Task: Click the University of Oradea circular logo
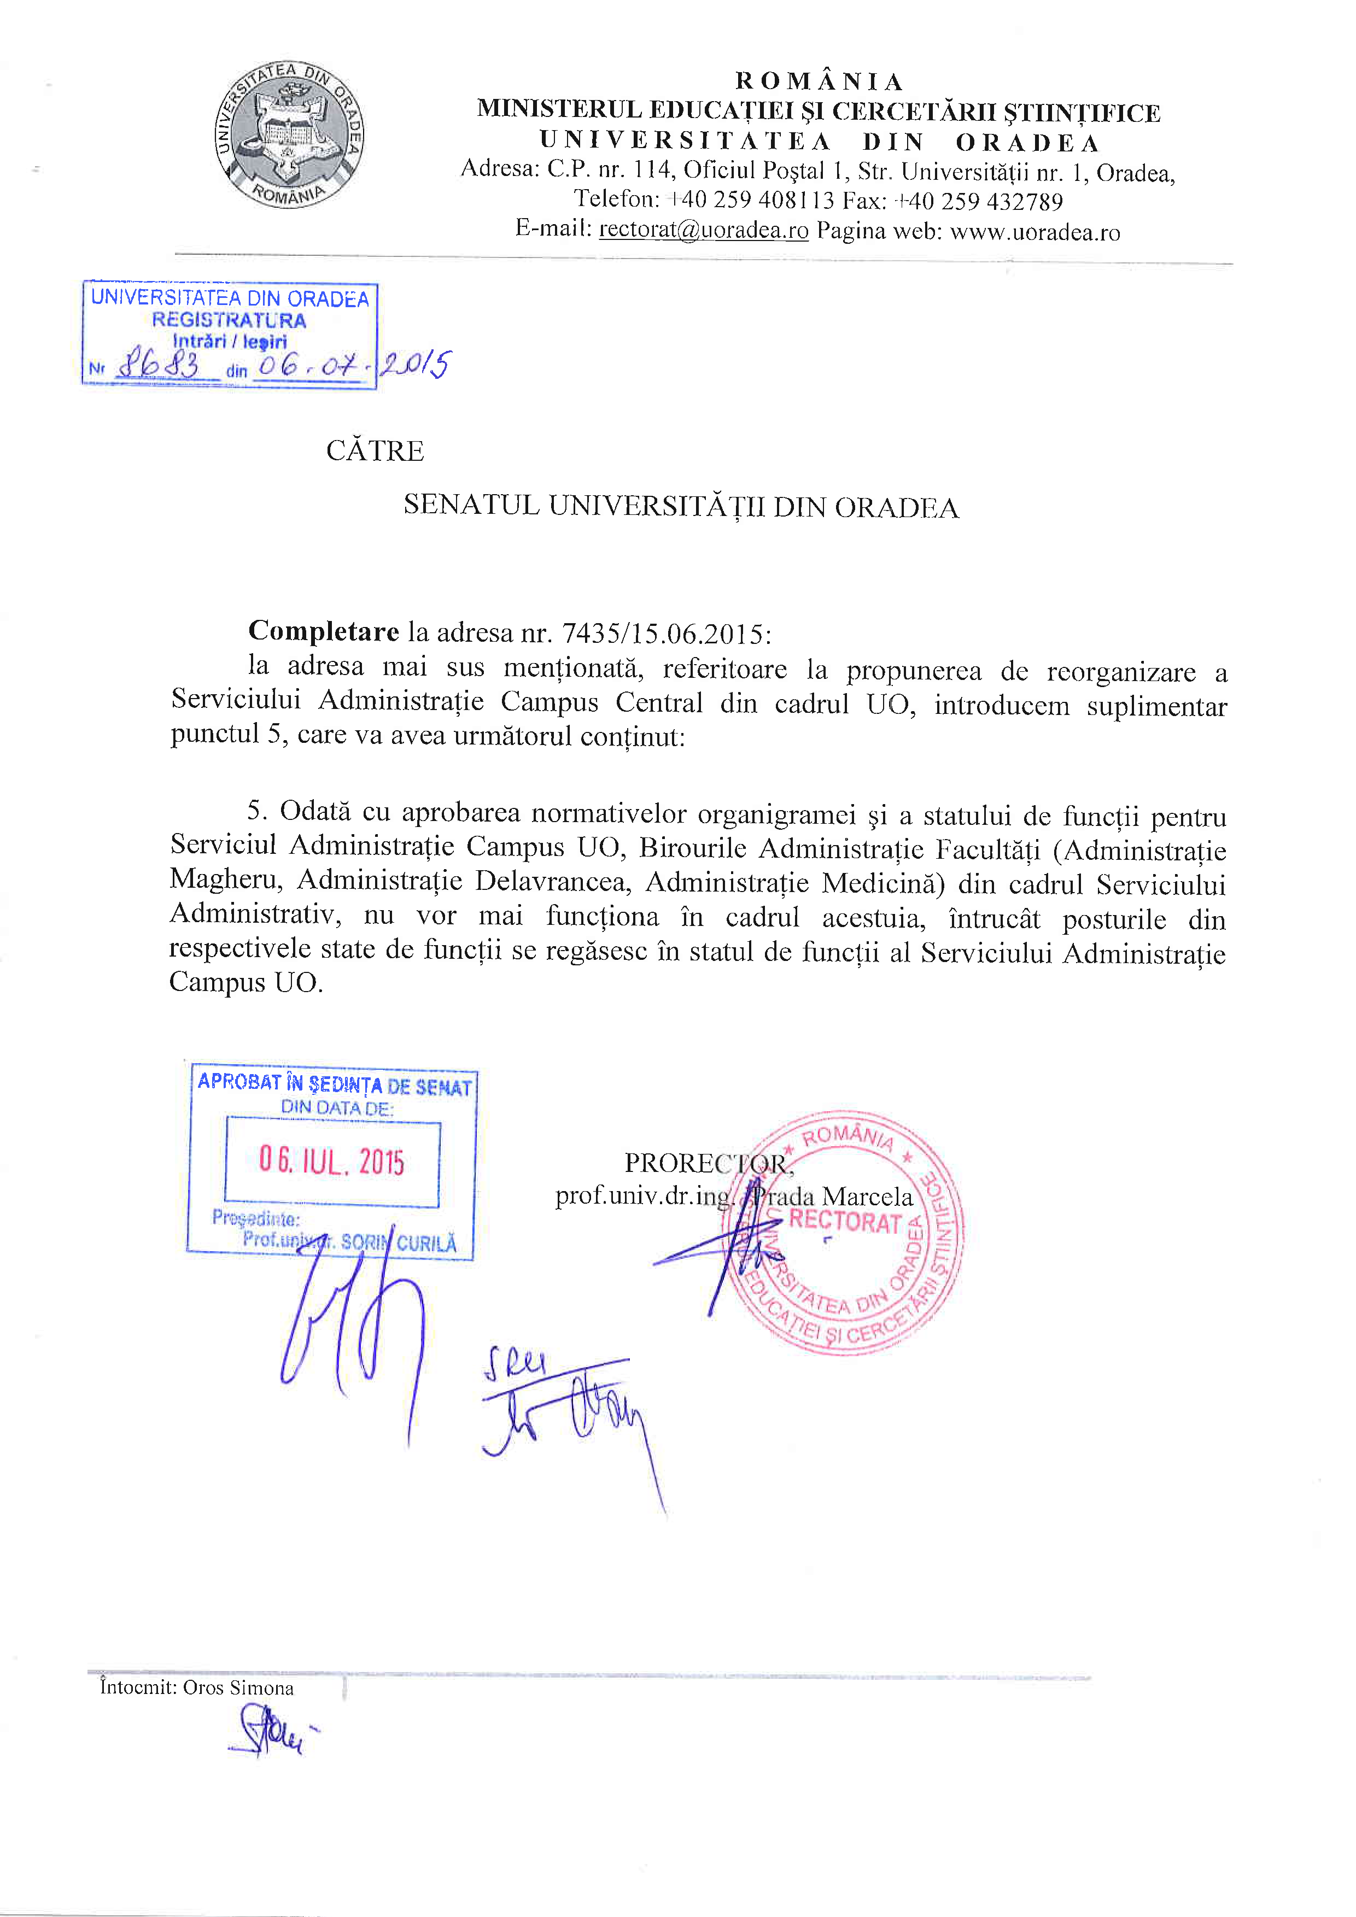tap(289, 135)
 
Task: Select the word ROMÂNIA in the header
tap(819, 81)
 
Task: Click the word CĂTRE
tap(375, 451)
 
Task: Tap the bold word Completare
tap(324, 631)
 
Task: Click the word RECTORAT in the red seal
tap(844, 1222)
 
